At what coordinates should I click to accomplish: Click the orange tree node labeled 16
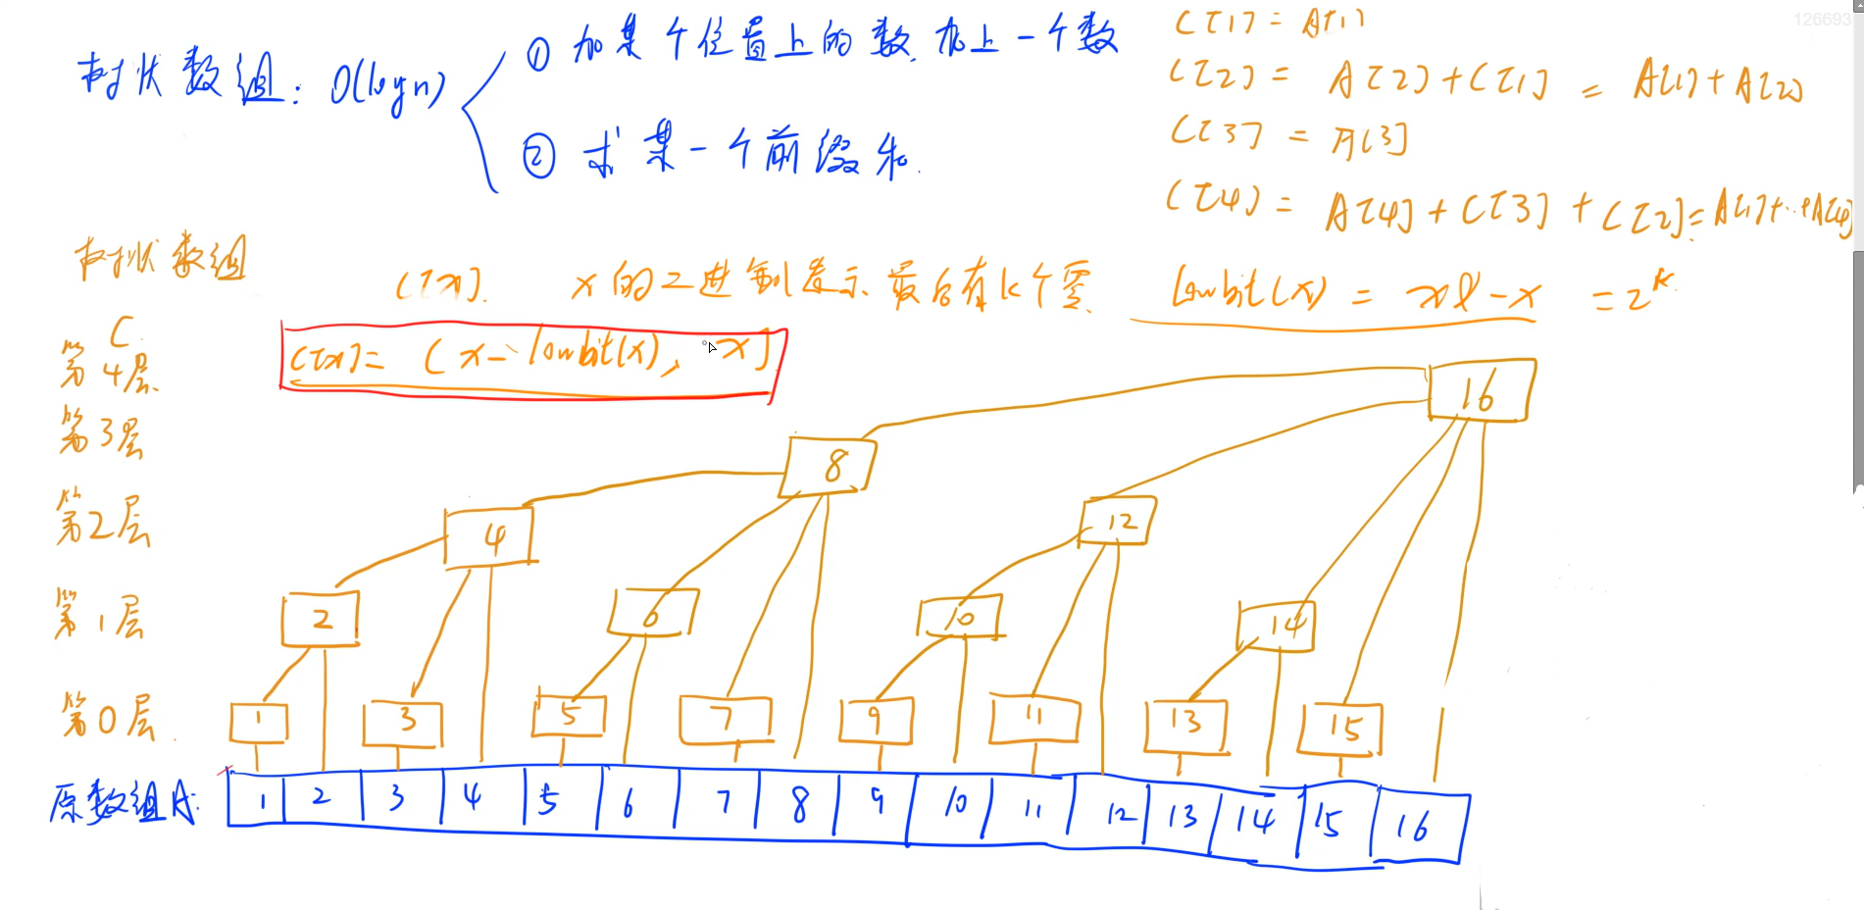pos(1481,390)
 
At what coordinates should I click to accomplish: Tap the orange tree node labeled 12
pos(1118,521)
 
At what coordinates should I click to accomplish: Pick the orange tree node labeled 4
pos(490,536)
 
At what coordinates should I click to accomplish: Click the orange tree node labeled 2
pos(321,619)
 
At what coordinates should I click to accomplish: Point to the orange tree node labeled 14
pos(1277,626)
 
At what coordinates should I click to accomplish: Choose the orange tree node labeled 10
pos(960,617)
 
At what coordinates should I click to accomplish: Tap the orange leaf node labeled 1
pos(259,723)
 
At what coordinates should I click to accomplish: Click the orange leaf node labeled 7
pos(726,720)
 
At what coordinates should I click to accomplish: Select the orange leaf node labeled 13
pos(1186,724)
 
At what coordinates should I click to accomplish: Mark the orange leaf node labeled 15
pos(1340,729)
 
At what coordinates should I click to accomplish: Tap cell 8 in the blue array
pos(799,804)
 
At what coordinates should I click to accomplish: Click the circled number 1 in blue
pos(538,53)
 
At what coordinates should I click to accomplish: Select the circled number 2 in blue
pos(538,157)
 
